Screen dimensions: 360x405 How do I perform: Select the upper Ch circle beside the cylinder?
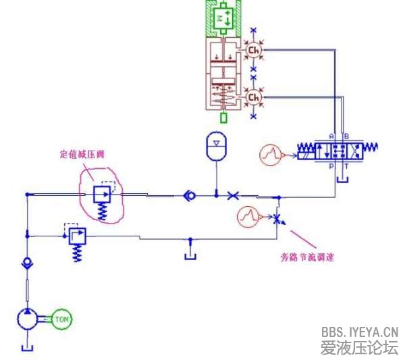click(x=253, y=50)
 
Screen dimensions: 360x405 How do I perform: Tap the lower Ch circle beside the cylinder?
click(x=253, y=99)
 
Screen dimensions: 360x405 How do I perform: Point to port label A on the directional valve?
click(x=331, y=136)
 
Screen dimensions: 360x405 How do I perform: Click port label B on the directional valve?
click(x=347, y=136)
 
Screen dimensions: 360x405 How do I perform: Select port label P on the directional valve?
click(x=331, y=164)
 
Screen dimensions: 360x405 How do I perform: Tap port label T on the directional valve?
click(x=347, y=164)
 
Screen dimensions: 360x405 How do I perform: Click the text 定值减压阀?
click(x=82, y=154)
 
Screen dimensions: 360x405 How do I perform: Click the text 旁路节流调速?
click(x=308, y=257)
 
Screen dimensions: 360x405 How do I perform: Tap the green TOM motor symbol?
click(x=61, y=319)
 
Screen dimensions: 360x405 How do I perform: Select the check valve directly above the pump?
click(x=26, y=263)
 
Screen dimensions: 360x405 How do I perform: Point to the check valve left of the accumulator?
click(x=190, y=196)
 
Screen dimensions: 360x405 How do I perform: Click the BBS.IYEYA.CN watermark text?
click(x=360, y=332)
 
